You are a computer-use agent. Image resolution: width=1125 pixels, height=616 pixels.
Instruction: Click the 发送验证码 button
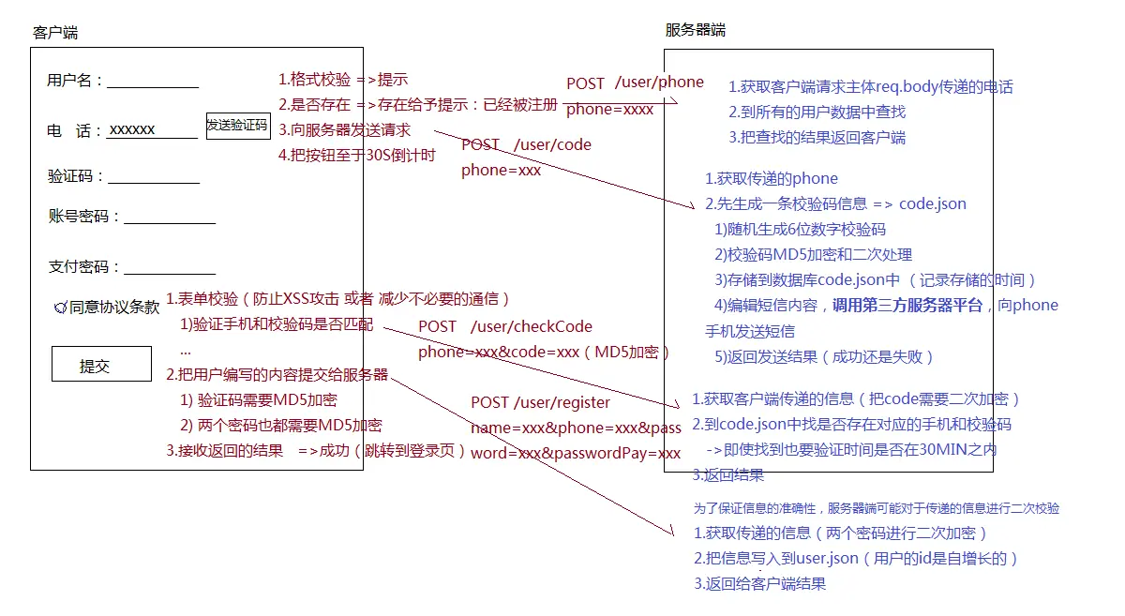(x=237, y=125)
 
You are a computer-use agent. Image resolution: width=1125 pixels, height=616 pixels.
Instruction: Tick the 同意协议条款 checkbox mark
(x=61, y=307)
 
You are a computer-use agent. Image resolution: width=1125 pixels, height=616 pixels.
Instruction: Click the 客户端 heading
(x=55, y=33)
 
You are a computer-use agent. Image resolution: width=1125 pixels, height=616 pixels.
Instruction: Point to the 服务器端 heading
(x=695, y=30)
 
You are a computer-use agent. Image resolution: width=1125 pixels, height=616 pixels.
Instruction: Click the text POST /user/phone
(x=635, y=83)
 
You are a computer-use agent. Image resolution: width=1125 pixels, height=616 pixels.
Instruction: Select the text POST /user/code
(x=526, y=145)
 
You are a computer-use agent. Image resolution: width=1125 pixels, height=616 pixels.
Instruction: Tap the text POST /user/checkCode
(x=505, y=327)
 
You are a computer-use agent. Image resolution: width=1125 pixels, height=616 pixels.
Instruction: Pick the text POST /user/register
(x=540, y=403)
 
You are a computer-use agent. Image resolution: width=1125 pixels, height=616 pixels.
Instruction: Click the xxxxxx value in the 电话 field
(x=132, y=130)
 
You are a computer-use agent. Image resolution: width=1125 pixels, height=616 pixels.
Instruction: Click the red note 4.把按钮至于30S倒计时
(x=357, y=156)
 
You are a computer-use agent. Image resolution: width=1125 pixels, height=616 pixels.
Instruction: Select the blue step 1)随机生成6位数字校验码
(x=800, y=230)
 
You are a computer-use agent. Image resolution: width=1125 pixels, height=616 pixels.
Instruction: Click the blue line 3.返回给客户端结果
(x=760, y=584)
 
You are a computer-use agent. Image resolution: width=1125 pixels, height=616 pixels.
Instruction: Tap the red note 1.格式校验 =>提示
(x=343, y=80)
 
